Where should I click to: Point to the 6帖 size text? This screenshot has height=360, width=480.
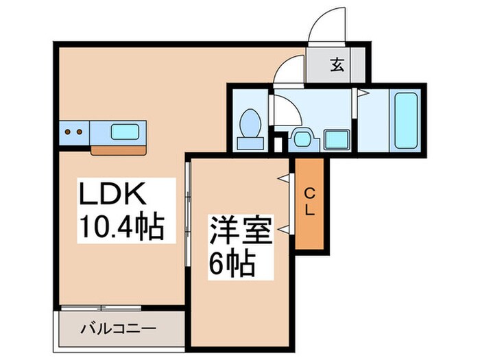[x=232, y=263]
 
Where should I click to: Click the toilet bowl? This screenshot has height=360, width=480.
[x=249, y=123]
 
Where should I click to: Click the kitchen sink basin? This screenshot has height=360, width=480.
[x=127, y=131]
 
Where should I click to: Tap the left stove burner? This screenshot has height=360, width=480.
[x=69, y=130]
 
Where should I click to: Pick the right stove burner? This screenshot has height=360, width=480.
[x=80, y=130]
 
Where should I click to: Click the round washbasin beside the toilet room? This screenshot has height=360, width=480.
[x=302, y=139]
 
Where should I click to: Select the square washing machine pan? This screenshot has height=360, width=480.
[x=336, y=139]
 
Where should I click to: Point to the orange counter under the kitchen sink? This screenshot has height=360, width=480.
[x=120, y=148]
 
